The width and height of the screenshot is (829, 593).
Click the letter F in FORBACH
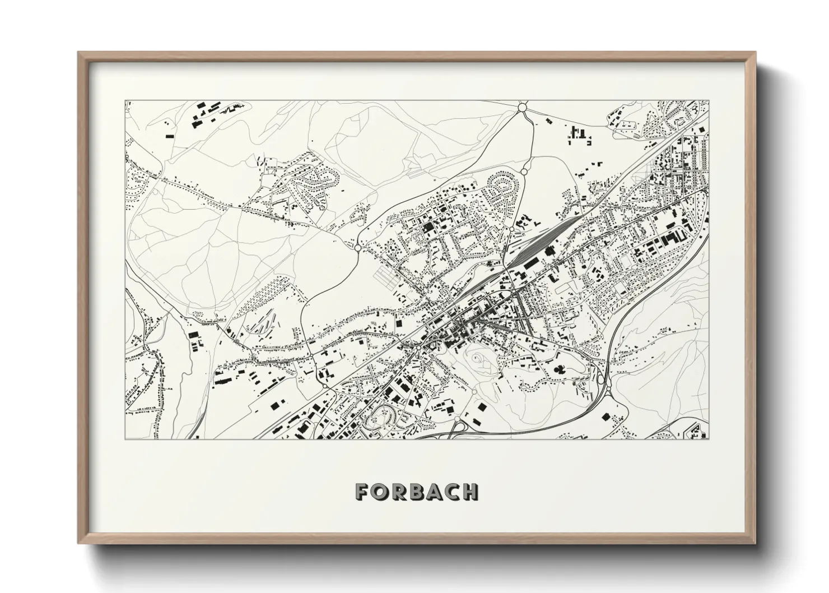point(361,492)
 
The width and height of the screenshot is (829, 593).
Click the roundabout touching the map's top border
point(523,106)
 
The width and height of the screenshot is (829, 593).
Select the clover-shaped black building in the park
point(559,369)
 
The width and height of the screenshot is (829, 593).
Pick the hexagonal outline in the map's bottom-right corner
point(698,432)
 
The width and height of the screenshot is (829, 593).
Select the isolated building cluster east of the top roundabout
point(578,135)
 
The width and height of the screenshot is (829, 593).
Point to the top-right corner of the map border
point(709,101)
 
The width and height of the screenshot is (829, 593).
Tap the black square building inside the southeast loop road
point(607,416)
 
